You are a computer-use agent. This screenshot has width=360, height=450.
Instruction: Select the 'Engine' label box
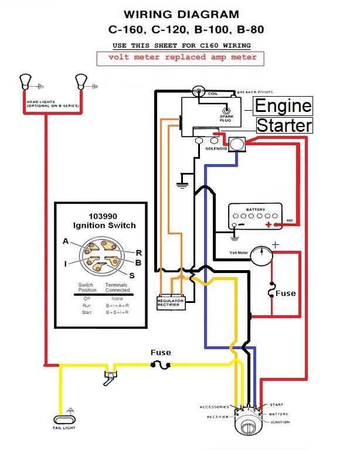click(x=283, y=106)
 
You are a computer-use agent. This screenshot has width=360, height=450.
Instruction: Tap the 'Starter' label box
click(x=284, y=125)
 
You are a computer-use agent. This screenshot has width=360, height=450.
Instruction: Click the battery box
click(x=256, y=217)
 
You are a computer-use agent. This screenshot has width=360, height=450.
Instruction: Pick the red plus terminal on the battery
click(x=269, y=225)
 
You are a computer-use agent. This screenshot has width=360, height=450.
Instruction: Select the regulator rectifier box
click(x=171, y=302)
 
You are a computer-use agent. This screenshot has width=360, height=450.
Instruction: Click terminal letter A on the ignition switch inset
click(x=65, y=241)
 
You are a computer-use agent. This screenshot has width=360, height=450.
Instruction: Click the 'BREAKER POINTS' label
click(x=254, y=92)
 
